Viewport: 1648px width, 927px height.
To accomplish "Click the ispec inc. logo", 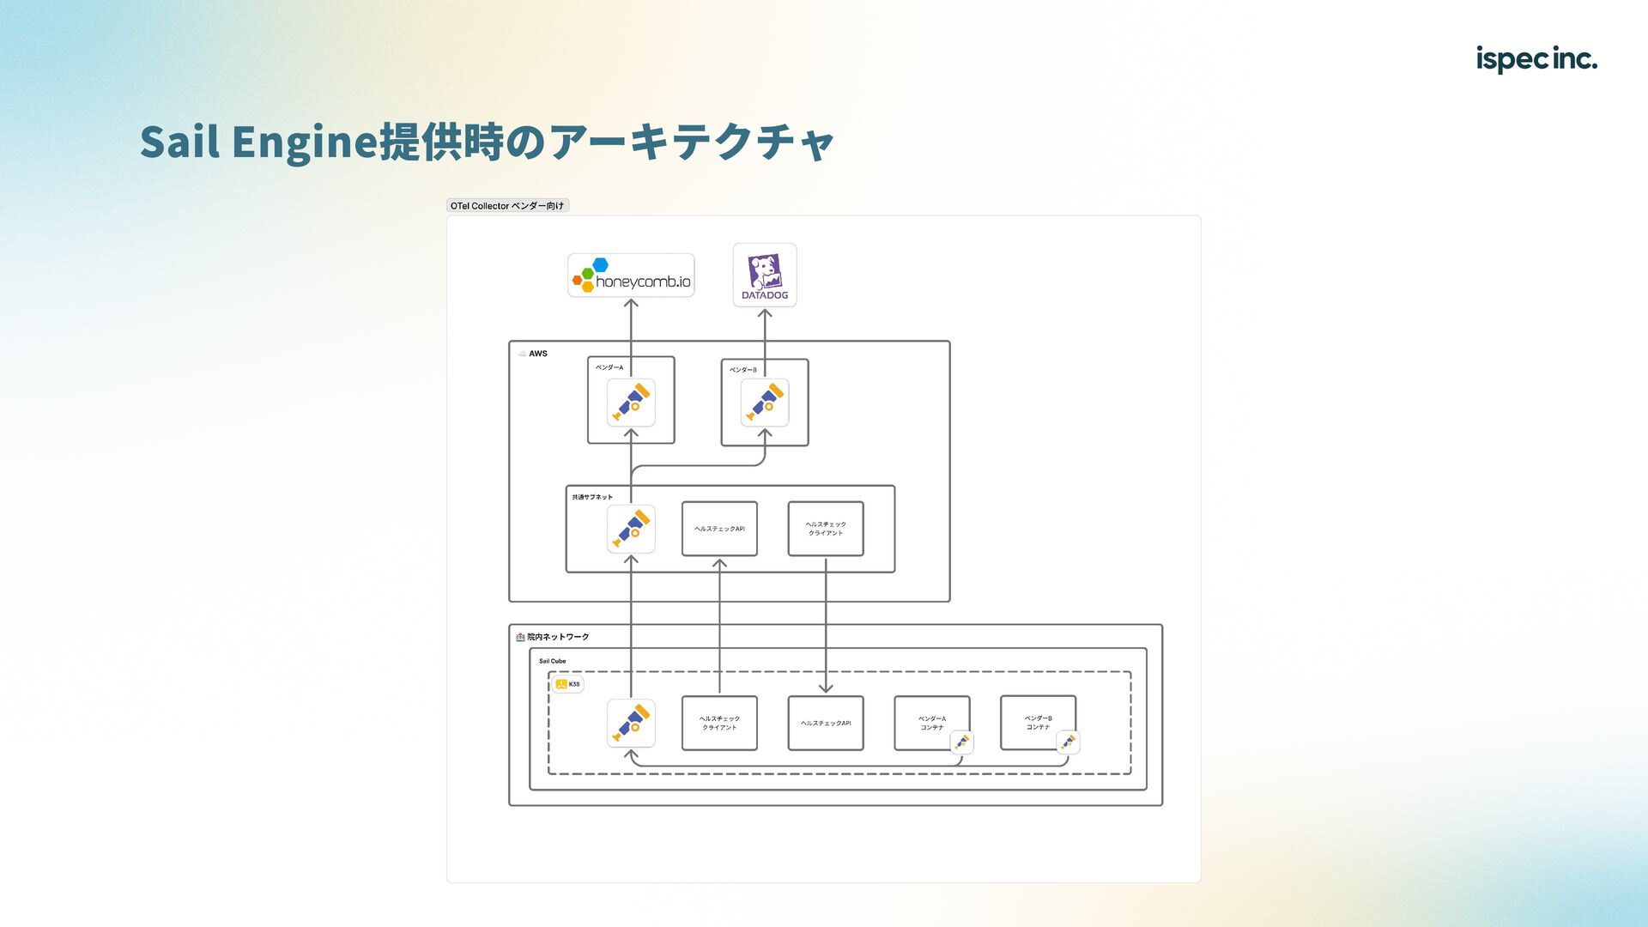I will pos(1536,59).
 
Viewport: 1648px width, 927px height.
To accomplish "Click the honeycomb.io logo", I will pos(631,276).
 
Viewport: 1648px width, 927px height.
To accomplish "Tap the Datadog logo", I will pos(765,276).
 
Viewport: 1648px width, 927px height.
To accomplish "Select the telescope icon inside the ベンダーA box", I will pos(631,403).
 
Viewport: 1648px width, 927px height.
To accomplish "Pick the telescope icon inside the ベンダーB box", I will pos(765,403).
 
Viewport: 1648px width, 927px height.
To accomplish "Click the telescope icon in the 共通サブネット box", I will pos(631,529).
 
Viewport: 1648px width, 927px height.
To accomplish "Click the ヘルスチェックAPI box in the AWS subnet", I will pos(719,529).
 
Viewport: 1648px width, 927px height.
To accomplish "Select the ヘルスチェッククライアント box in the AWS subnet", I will pos(826,529).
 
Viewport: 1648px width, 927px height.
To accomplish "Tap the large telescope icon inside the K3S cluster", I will pos(631,723).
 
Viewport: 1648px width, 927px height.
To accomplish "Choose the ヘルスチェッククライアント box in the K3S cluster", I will pos(719,723).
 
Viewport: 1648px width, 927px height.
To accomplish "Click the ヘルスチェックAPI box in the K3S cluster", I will pos(826,723).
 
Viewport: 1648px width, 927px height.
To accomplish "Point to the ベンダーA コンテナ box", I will pos(931,722).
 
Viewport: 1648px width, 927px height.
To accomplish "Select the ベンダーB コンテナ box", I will pos(1038,722).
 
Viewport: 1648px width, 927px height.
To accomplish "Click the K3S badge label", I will pos(567,684).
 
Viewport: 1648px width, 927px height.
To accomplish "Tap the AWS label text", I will pos(538,354).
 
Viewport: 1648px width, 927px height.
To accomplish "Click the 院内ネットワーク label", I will pos(558,637).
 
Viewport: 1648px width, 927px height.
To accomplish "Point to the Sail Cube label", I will pos(552,661).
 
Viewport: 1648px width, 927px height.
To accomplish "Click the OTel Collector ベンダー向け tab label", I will pos(507,206).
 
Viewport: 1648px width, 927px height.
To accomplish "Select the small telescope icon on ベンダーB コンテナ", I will pos(1068,742).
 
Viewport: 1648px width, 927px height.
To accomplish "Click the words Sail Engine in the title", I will pos(258,142).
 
